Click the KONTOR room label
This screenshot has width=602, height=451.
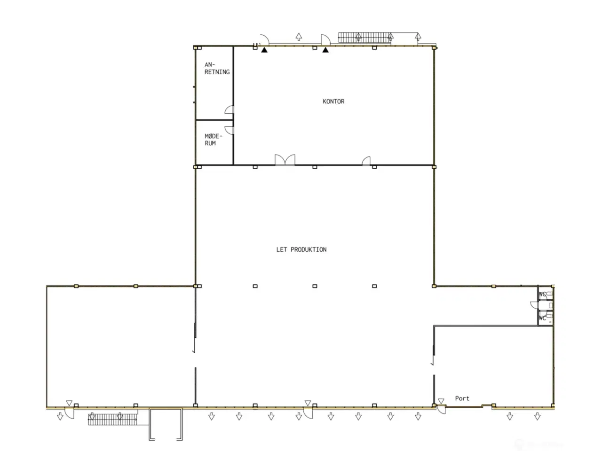pyautogui.click(x=333, y=101)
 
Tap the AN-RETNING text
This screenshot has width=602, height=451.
pyautogui.click(x=217, y=69)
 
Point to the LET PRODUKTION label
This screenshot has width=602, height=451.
pyautogui.click(x=301, y=249)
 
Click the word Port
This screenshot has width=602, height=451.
pyautogui.click(x=462, y=398)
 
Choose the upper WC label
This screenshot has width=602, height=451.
pyautogui.click(x=542, y=295)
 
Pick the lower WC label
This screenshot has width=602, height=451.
pyautogui.click(x=542, y=318)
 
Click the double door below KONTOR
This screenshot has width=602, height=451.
pyautogui.click(x=285, y=160)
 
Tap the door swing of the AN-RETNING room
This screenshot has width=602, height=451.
pyautogui.click(x=230, y=110)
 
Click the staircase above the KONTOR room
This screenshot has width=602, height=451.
pyautogui.click(x=365, y=37)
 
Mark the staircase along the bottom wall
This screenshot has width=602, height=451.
pyautogui.click(x=112, y=419)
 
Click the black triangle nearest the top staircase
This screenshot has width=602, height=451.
pyautogui.click(x=325, y=50)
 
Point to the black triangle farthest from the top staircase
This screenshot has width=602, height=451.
pyautogui.click(x=265, y=50)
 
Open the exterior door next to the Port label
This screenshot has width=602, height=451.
pyautogui.click(x=441, y=409)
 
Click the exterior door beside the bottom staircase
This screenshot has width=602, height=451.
pyautogui.click(x=69, y=412)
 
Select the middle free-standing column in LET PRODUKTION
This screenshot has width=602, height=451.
pyautogui.click(x=315, y=286)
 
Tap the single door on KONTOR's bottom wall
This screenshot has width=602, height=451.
pyautogui.click(x=366, y=161)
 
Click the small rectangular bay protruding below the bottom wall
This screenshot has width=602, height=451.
pyautogui.click(x=166, y=424)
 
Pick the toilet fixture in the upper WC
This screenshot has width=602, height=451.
pyautogui.click(x=549, y=294)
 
